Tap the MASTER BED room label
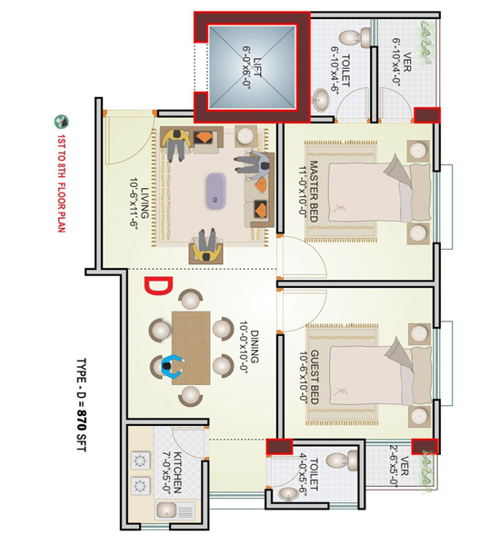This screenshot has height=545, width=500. [x=313, y=191]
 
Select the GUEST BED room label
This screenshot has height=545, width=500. [x=314, y=377]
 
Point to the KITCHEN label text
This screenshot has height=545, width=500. [x=177, y=472]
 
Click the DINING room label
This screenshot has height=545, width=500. [x=255, y=347]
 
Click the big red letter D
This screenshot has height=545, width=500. [x=158, y=286]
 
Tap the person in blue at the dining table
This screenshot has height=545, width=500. [x=172, y=367]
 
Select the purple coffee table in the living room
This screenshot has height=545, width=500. [x=216, y=191]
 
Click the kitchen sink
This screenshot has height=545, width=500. [x=166, y=510]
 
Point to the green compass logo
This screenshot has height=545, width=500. [x=61, y=122]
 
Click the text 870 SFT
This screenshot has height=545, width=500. [x=81, y=431]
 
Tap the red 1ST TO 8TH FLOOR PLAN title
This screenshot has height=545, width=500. [x=61, y=183]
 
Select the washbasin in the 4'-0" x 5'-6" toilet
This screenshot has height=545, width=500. [x=288, y=494]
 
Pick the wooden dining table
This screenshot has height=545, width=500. [x=191, y=348]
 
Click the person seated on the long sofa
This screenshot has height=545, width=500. [x=252, y=165]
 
